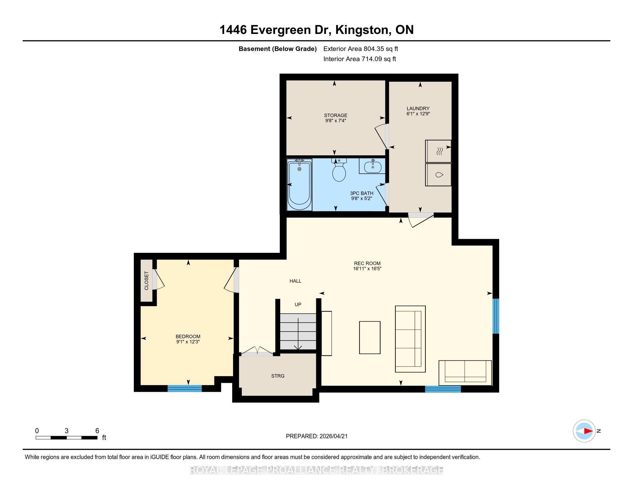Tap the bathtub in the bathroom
tap(300, 185)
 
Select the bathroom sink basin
tap(372, 166)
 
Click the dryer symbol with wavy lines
tap(438, 151)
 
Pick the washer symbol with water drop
tap(438, 175)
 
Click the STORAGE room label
tap(335, 115)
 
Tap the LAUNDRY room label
tap(418, 109)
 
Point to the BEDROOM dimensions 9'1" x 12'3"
tap(188, 342)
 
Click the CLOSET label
tap(146, 281)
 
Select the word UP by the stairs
tap(298, 304)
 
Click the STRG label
tap(278, 376)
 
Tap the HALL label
tap(295, 281)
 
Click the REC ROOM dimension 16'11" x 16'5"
tap(367, 269)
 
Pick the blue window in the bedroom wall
tap(185, 389)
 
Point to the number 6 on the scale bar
tap(97, 431)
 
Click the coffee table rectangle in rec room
tap(370, 337)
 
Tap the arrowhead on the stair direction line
tap(298, 347)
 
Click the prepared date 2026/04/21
tap(333, 436)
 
